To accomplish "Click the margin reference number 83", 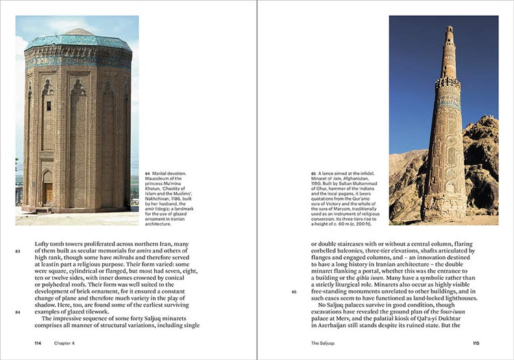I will click(18, 252).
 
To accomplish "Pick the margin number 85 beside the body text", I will click(294, 291).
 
